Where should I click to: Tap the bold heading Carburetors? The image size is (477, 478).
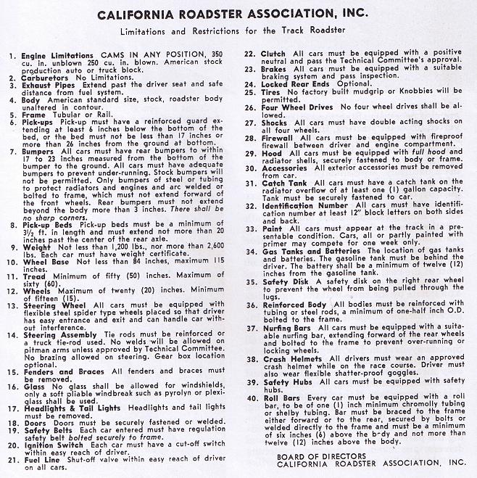(x=46, y=76)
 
